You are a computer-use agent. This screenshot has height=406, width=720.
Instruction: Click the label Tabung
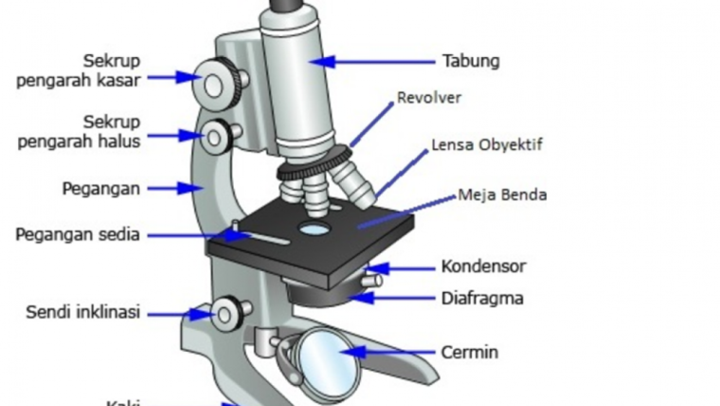(x=470, y=63)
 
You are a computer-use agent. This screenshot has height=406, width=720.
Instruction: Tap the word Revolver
(x=429, y=98)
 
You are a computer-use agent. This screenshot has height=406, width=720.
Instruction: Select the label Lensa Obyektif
(x=487, y=146)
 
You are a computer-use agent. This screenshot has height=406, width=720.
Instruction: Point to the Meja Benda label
(x=502, y=196)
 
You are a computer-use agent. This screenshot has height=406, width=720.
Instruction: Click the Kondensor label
(x=483, y=267)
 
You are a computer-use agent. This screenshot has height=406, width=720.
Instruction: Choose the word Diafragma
(x=482, y=299)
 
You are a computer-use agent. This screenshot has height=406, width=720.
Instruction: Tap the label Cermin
(x=469, y=353)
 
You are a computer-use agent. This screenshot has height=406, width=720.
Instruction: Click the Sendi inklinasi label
(x=82, y=311)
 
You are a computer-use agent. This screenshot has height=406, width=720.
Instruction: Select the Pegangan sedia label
(x=77, y=234)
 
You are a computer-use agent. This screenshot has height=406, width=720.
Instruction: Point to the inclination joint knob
(x=226, y=311)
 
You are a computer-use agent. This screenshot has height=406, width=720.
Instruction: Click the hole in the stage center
(x=314, y=229)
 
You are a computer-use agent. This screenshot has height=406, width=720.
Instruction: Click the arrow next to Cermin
(x=388, y=353)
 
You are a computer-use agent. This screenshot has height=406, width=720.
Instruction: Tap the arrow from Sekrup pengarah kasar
(x=171, y=78)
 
